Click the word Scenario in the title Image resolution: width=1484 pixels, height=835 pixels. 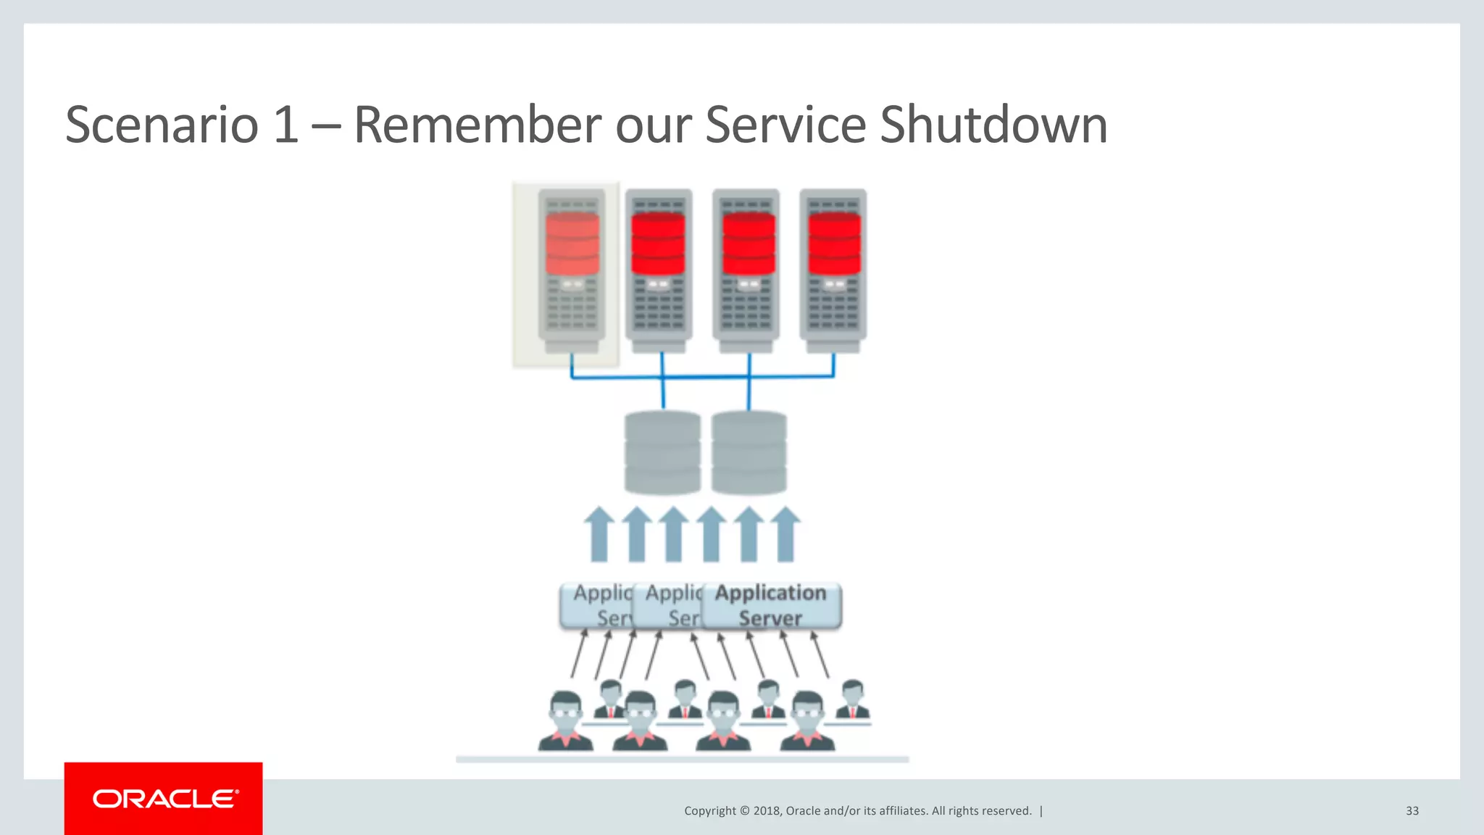(162, 125)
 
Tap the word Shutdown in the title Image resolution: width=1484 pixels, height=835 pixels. (993, 125)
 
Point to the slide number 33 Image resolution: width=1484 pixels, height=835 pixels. (1412, 811)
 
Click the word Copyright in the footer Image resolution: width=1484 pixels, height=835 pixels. (709, 811)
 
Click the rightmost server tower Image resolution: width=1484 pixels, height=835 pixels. (833, 272)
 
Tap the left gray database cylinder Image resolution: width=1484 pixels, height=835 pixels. (662, 452)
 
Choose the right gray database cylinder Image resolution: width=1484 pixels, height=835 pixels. (749, 452)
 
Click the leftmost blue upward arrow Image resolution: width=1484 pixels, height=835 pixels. (599, 535)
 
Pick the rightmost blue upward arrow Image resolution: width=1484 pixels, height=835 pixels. (785, 535)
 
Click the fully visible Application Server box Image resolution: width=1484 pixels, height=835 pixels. (771, 605)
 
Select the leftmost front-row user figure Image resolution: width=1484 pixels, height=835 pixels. (566, 721)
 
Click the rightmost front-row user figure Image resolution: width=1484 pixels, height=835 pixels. (807, 721)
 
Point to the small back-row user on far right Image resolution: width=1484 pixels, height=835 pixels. (853, 699)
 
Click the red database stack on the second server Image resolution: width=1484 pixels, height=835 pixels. (658, 244)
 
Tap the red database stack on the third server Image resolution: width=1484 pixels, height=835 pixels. (748, 244)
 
